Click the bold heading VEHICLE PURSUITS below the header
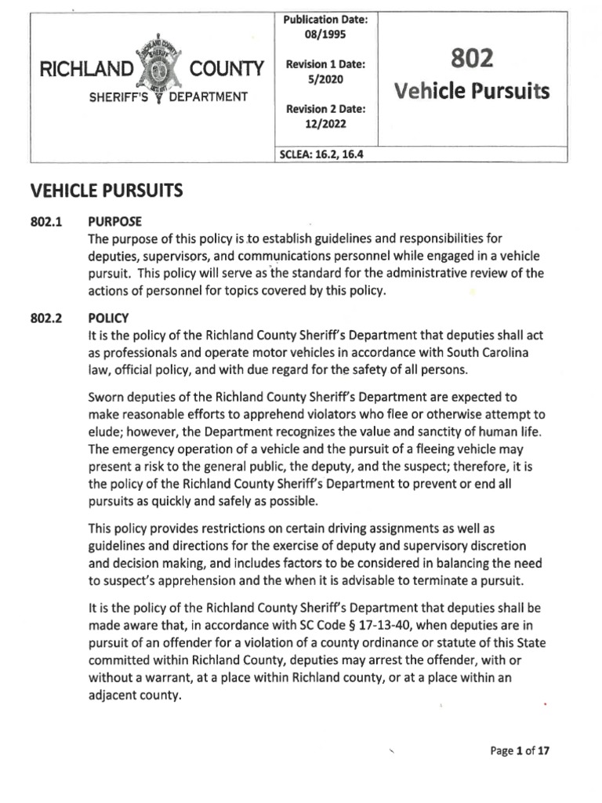pyautogui.click(x=106, y=190)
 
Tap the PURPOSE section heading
pyautogui.click(x=115, y=222)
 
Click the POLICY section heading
pyautogui.click(x=109, y=319)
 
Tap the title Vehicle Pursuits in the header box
pyautogui.click(x=473, y=92)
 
